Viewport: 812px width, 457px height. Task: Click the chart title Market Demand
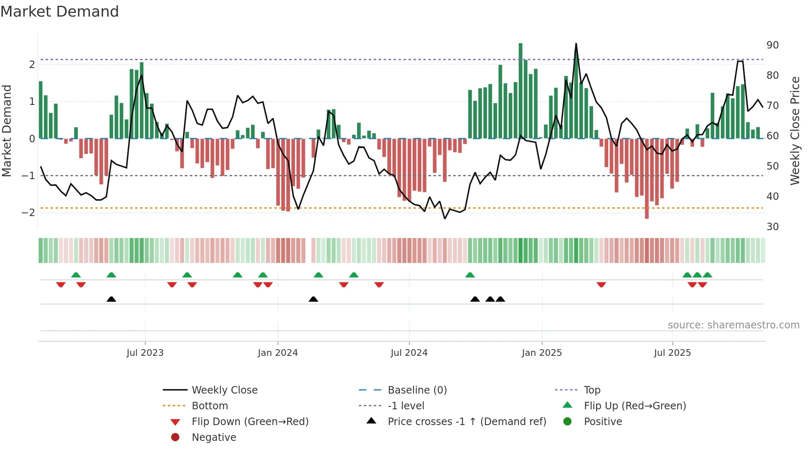(60, 12)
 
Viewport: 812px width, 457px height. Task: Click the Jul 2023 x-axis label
(145, 353)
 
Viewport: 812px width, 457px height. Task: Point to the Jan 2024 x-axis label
(278, 353)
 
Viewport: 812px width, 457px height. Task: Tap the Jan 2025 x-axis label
(541, 353)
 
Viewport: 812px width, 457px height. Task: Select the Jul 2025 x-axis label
(672, 353)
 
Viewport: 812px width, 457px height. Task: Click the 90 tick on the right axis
(772, 45)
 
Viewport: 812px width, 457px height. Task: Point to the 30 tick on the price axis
(772, 227)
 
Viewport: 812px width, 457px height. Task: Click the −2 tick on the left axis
(28, 213)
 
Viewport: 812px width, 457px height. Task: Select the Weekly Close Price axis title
(795, 131)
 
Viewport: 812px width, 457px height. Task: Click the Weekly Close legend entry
(224, 390)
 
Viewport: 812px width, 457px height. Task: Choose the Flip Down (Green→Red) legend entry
(250, 422)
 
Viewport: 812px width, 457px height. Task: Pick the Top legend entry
(592, 390)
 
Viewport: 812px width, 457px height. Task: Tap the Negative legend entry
(214, 438)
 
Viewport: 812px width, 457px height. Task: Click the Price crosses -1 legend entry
(466, 422)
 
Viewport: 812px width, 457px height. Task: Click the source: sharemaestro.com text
(733, 325)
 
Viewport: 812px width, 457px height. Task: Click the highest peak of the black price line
(576, 44)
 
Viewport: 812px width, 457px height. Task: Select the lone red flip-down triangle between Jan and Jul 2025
(602, 284)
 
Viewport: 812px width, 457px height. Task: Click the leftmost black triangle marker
(111, 299)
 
